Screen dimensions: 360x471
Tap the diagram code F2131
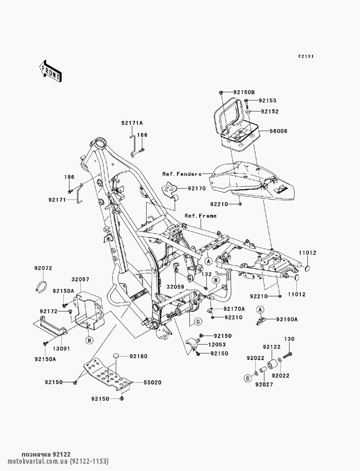tap(306, 56)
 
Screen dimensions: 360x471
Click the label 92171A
tap(132, 123)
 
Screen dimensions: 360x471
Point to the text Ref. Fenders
tap(182, 174)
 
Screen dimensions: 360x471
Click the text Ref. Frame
tap(201, 216)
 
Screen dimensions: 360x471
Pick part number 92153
tap(267, 101)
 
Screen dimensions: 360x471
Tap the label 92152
tap(270, 112)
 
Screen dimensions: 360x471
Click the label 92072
tap(43, 268)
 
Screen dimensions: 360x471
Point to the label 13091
tap(61, 349)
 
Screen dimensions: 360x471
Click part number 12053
tap(217, 345)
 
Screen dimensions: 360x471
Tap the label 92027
tap(264, 385)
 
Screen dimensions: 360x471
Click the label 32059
tap(176, 287)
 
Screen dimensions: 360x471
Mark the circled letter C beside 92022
tap(248, 378)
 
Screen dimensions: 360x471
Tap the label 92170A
tap(234, 309)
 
